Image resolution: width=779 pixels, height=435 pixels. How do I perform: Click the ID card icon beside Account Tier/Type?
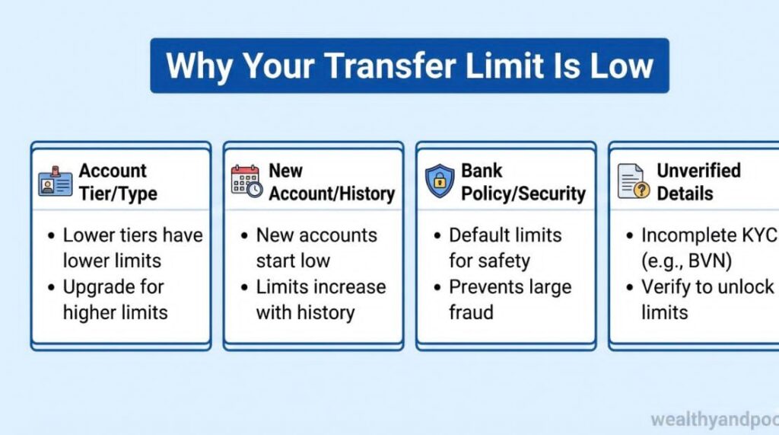pyautogui.click(x=55, y=182)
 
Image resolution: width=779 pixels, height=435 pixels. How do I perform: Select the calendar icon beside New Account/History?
pyautogui.click(x=246, y=181)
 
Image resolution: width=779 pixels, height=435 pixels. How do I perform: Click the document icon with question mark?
pyautogui.click(x=633, y=181)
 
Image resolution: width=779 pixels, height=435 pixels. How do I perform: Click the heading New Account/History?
pyautogui.click(x=331, y=182)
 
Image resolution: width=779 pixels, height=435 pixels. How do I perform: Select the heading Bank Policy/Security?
pyautogui.click(x=523, y=182)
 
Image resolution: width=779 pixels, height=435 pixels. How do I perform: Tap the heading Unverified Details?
pyautogui.click(x=699, y=182)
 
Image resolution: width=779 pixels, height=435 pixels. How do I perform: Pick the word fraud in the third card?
pyautogui.click(x=471, y=312)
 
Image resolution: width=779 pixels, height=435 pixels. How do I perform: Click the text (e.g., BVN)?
pyautogui.click(x=686, y=261)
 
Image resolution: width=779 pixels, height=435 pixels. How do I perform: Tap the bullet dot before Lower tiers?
pyautogui.click(x=50, y=235)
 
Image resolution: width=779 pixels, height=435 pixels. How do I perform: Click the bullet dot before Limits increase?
pyautogui.click(x=243, y=287)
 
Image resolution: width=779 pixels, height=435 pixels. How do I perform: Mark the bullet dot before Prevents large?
pyautogui.click(x=437, y=287)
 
